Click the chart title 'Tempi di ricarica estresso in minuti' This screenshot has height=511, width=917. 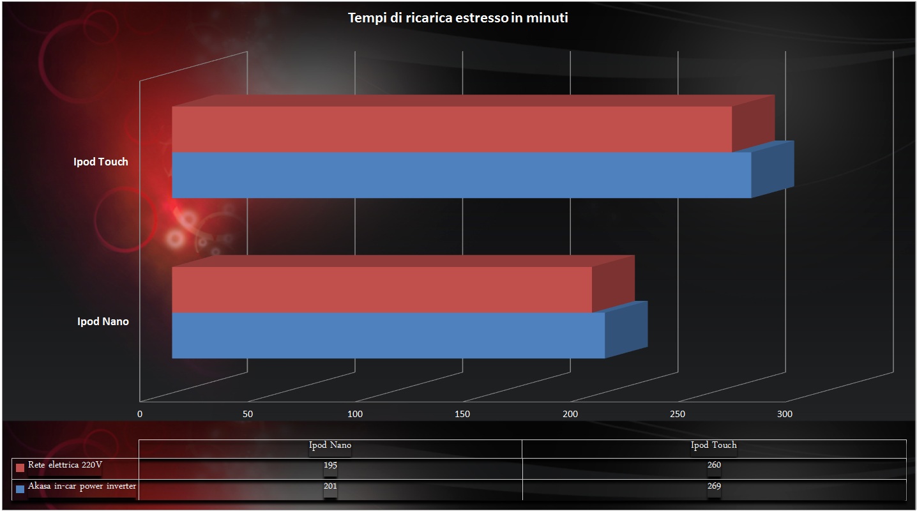[458, 18]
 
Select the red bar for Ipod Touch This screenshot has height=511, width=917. [451, 129]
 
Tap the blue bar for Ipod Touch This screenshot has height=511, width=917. [461, 175]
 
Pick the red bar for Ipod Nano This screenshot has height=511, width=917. [382, 289]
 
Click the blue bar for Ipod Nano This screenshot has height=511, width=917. [388, 335]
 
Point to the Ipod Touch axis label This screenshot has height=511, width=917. [100, 162]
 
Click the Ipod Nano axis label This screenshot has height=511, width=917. [103, 321]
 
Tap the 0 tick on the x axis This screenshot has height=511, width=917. [140, 414]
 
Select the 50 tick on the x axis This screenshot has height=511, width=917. [248, 414]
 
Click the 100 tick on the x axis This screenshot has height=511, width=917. [355, 414]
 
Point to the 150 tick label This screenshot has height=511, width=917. [462, 414]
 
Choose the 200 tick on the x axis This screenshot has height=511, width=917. [570, 414]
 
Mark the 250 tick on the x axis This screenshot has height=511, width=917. [678, 414]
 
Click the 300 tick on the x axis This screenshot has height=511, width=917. [785, 414]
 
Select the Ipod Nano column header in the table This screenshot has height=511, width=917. [330, 445]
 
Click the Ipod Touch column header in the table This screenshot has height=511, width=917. [714, 445]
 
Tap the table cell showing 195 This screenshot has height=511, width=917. [330, 465]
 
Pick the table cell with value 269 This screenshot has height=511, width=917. [714, 487]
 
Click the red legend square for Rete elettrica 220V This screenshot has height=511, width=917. [20, 467]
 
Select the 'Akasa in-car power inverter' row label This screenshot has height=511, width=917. [82, 487]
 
